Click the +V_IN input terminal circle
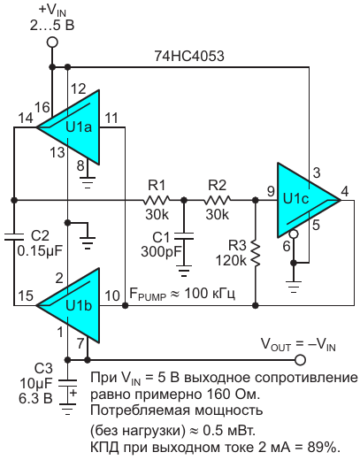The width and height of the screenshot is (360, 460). (x=52, y=42)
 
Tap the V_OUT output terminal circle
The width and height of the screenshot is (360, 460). (x=300, y=360)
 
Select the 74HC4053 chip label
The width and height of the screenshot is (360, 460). (x=189, y=56)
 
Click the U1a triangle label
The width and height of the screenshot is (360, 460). (x=79, y=127)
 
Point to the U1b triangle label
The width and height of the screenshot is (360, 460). (x=79, y=305)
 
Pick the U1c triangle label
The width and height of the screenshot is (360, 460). (x=295, y=199)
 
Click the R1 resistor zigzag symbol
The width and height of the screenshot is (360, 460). (x=157, y=200)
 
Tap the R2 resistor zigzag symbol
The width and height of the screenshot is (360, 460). (x=218, y=200)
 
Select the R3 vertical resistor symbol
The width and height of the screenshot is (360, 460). (x=256, y=253)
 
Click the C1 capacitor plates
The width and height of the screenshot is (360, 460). (x=184, y=236)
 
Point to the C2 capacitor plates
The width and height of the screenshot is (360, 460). (x=14, y=236)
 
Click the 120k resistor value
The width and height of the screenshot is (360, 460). (x=231, y=260)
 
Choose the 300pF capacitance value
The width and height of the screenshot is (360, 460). (x=161, y=252)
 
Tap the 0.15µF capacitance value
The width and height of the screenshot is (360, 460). (x=40, y=251)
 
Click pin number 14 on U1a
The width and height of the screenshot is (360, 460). (x=26, y=119)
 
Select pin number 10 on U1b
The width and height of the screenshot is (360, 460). (x=112, y=295)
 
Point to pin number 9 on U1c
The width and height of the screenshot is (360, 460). (x=271, y=192)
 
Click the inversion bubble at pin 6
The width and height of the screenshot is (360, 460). (x=294, y=234)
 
